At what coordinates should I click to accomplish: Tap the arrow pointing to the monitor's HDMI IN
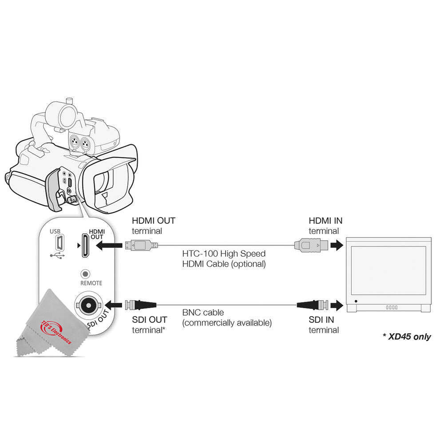click(x=337, y=244)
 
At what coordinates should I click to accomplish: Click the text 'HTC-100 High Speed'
click(x=224, y=254)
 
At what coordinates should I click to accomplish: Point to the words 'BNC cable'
click(x=203, y=313)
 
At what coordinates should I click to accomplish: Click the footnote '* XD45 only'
click(x=406, y=337)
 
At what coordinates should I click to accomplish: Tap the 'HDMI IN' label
click(x=325, y=221)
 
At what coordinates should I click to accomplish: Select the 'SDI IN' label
click(x=321, y=320)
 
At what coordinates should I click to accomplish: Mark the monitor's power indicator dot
click(x=355, y=301)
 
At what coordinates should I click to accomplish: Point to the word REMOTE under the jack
click(x=91, y=283)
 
